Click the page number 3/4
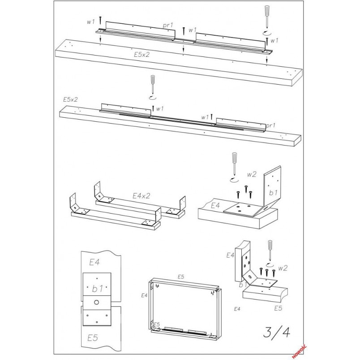pyautogui.click(x=276, y=332)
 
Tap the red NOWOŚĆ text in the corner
pyautogui.click(x=299, y=351)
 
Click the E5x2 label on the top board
pyautogui.click(x=141, y=55)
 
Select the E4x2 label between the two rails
pyautogui.click(x=141, y=196)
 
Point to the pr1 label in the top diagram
pyautogui.click(x=168, y=25)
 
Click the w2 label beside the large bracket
pyautogui.click(x=252, y=175)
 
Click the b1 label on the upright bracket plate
pyautogui.click(x=273, y=193)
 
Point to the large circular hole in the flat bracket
pyautogui.click(x=96, y=302)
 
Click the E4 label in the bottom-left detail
pyautogui.click(x=94, y=262)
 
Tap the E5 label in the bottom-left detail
pyautogui.click(x=93, y=338)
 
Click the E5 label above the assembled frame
pyautogui.click(x=181, y=277)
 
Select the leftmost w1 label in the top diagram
pyautogui.click(x=91, y=22)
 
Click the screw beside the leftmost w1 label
pyautogui.click(x=100, y=21)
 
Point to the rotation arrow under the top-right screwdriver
pyautogui.click(x=267, y=33)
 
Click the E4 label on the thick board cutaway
pyautogui.click(x=215, y=206)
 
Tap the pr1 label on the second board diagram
pyautogui.click(x=270, y=125)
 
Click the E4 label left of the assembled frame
pyautogui.click(x=144, y=296)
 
